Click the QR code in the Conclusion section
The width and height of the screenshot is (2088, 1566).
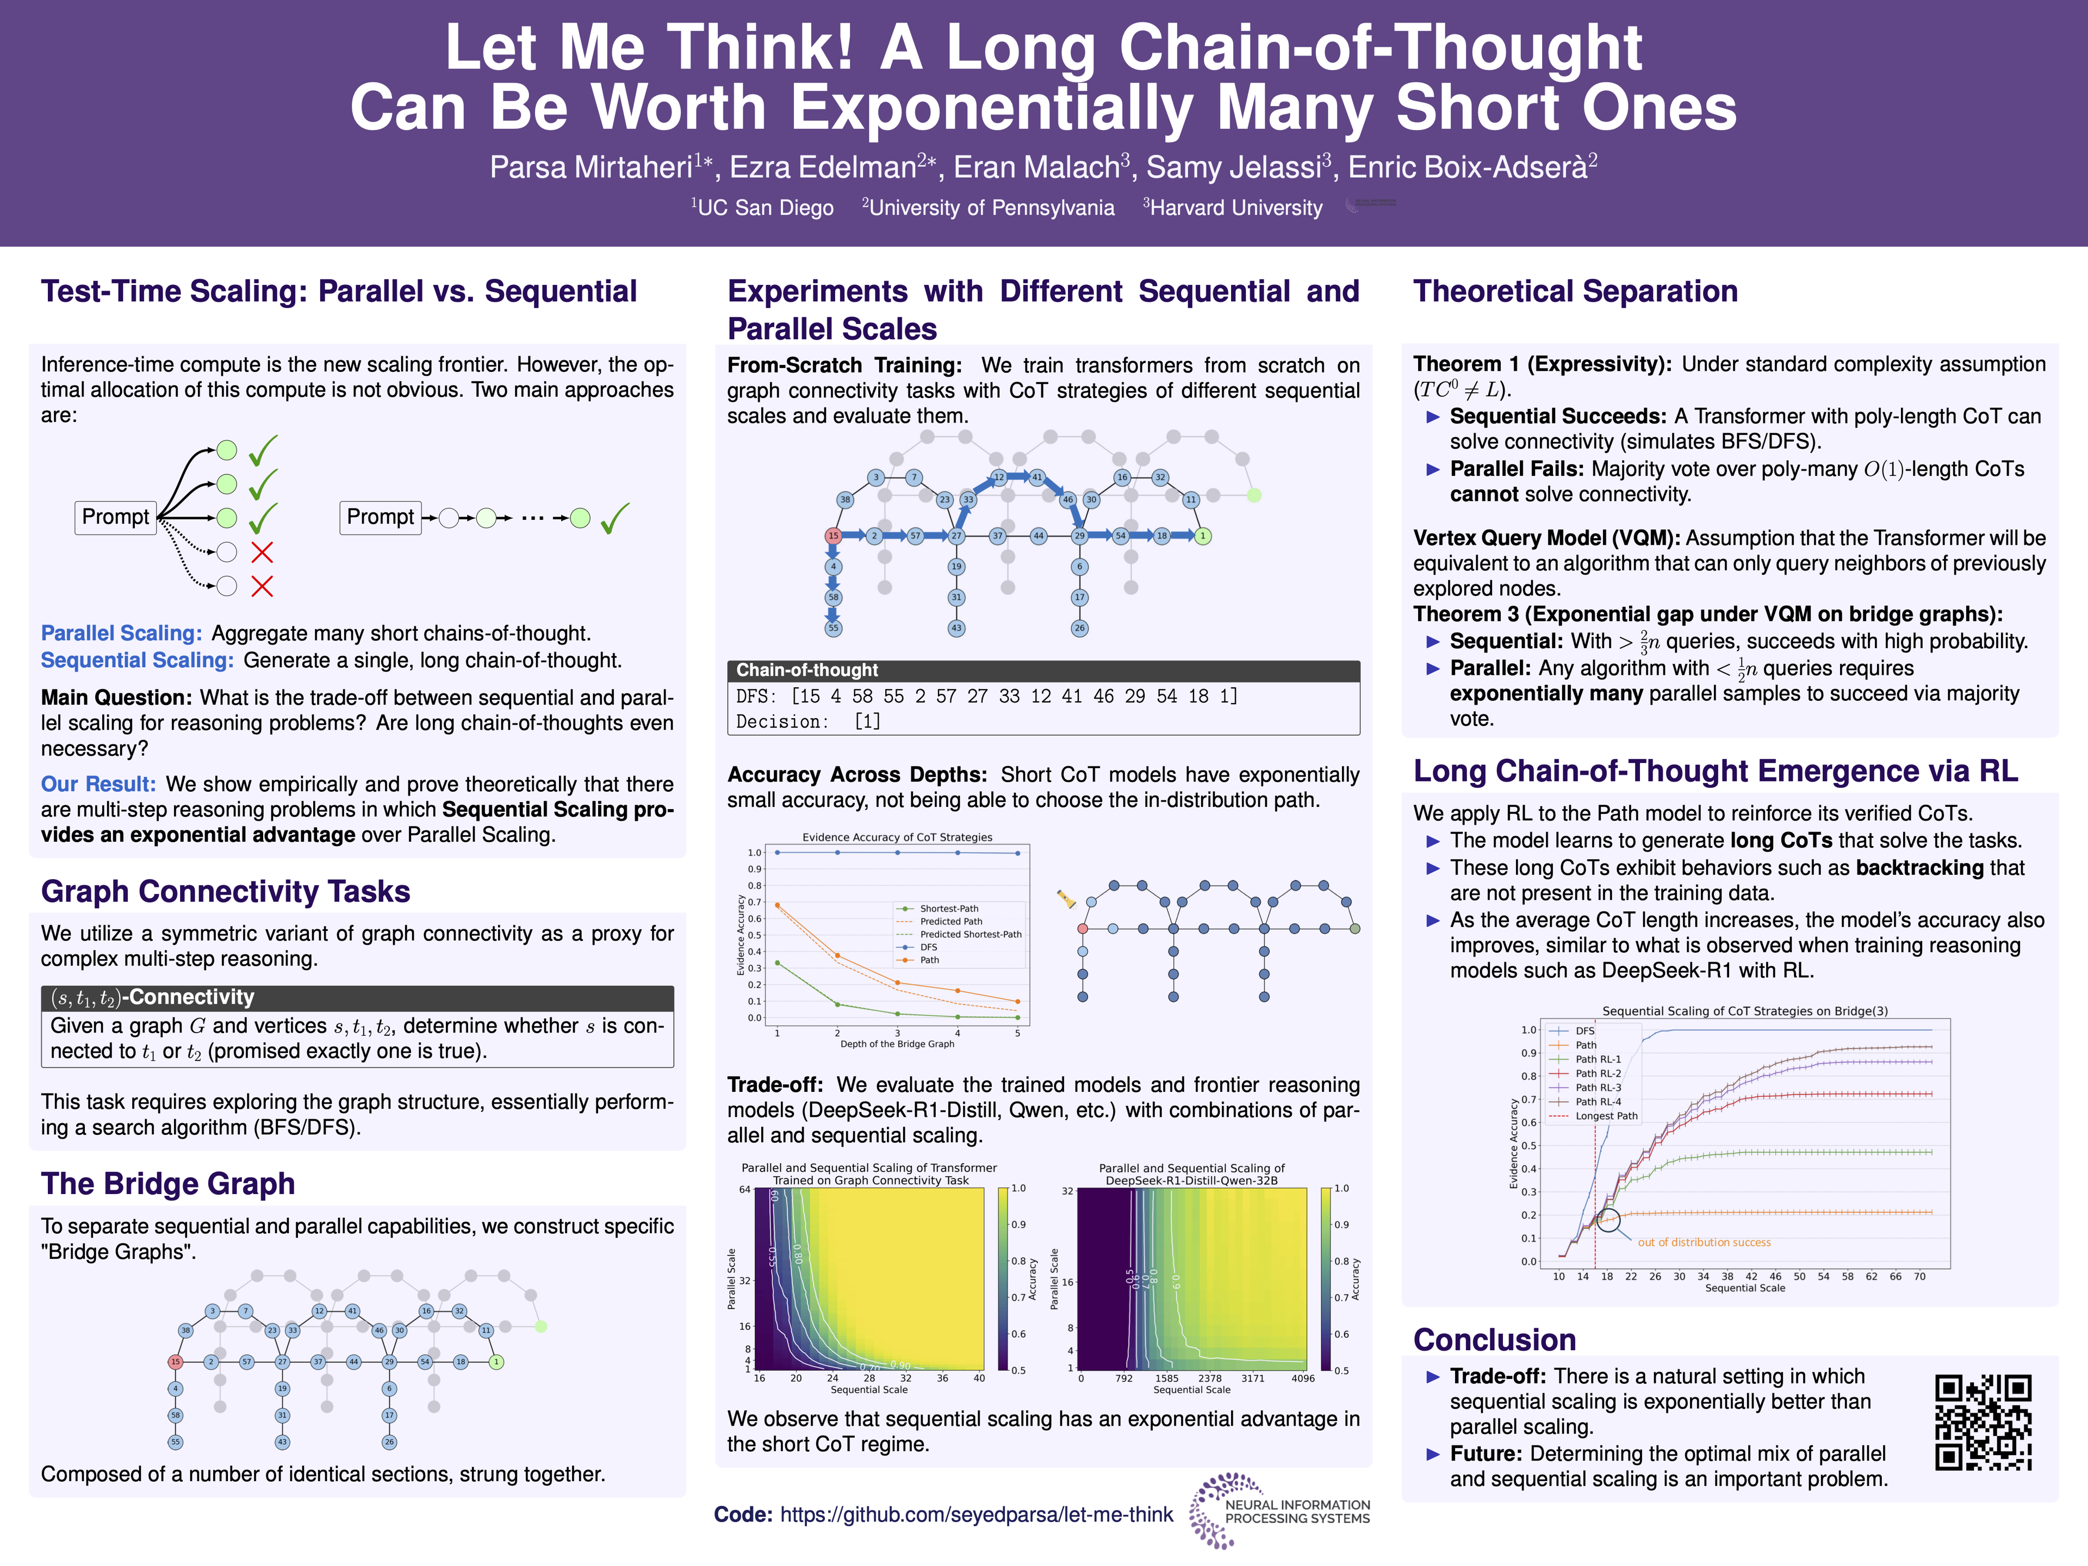pyautogui.click(x=1983, y=1421)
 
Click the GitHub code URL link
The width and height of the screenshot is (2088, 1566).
pyautogui.click(x=976, y=1514)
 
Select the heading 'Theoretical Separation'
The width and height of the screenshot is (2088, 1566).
pyautogui.click(x=1575, y=291)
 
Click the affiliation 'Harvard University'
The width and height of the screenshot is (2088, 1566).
pyautogui.click(x=1235, y=208)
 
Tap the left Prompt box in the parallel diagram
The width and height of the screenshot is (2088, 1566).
pyautogui.click(x=115, y=517)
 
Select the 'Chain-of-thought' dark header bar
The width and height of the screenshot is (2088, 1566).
pyautogui.click(x=1042, y=670)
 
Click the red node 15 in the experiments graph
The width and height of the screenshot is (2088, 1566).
pyautogui.click(x=832, y=535)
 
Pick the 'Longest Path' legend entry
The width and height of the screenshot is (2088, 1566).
pyautogui.click(x=1606, y=1116)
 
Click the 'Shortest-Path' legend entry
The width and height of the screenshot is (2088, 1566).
pyautogui.click(x=949, y=908)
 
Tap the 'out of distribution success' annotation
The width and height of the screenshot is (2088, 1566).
pyautogui.click(x=1704, y=1242)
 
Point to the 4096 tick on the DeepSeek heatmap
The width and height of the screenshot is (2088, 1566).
pyautogui.click(x=1303, y=1378)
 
